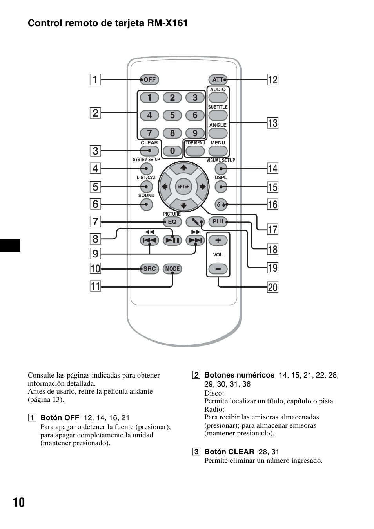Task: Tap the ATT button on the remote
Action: point(218,79)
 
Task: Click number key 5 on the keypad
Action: point(172,115)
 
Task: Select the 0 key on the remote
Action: point(172,151)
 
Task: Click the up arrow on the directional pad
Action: point(183,168)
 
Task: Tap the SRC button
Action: point(149,269)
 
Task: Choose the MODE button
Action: point(172,269)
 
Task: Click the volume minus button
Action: point(218,269)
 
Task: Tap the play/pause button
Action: point(172,240)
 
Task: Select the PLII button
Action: point(218,222)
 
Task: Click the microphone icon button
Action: point(195,222)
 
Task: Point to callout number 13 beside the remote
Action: point(272,123)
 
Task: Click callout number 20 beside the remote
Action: point(272,288)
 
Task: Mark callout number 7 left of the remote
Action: point(95,221)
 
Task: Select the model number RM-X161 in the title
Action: point(167,23)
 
